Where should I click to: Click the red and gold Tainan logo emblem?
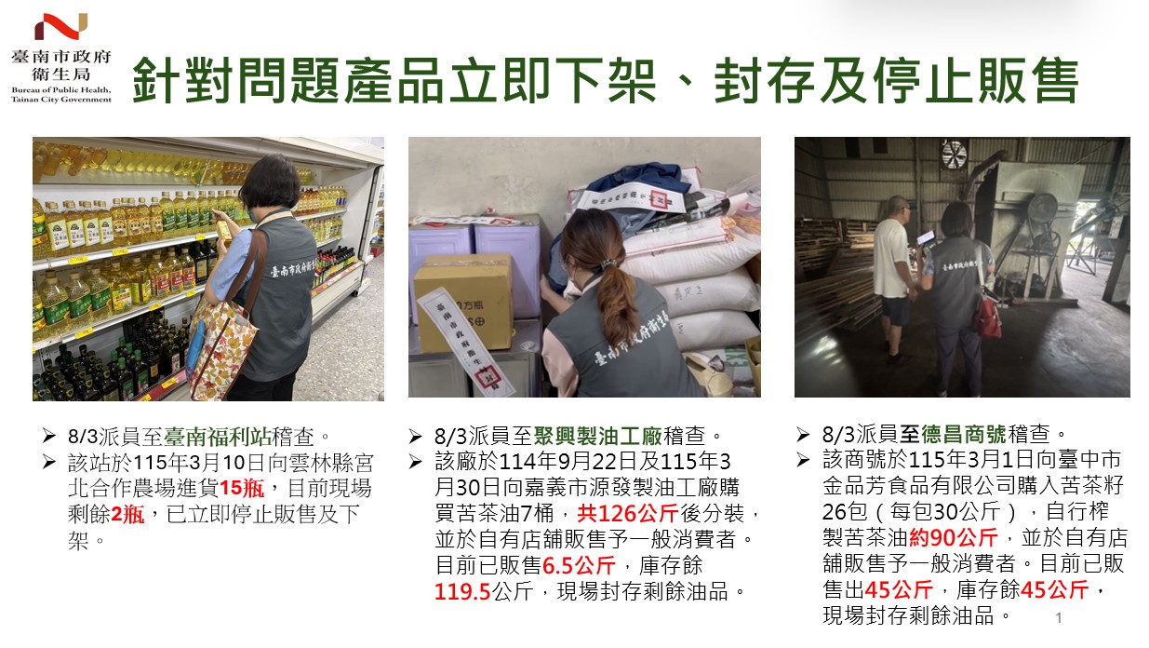click(61, 26)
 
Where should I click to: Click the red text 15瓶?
click(242, 488)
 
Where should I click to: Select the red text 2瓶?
click(127, 514)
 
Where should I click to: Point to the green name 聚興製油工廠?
click(597, 437)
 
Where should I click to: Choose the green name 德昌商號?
click(963, 435)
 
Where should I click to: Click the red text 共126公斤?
click(628, 514)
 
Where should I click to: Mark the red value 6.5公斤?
click(579, 566)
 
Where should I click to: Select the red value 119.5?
click(462, 592)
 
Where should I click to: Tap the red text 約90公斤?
click(953, 537)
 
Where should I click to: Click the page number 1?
click(1059, 617)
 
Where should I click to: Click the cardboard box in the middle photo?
click(463, 302)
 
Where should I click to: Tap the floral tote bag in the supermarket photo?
click(220, 349)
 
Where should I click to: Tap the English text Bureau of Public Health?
click(61, 90)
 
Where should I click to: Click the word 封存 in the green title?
click(764, 81)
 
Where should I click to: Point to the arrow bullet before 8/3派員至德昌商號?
click(803, 435)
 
